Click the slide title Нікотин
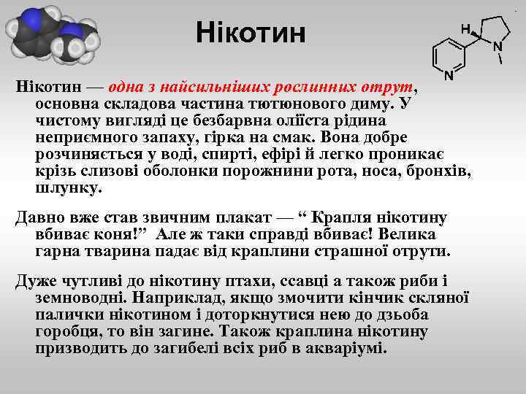tap(251, 33)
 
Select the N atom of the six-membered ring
tap(448, 74)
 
